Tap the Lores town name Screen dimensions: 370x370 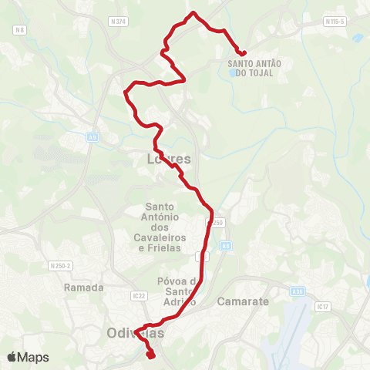pyautogui.click(x=168, y=160)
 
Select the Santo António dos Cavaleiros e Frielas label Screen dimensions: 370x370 pyautogui.click(x=161, y=227)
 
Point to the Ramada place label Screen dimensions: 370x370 pyautogui.click(x=85, y=287)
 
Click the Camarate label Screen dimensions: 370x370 pyautogui.click(x=244, y=301)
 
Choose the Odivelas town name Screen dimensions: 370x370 pyautogui.click(x=133, y=333)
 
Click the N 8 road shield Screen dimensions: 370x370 pyautogui.click(x=20, y=30)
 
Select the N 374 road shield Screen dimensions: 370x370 pyautogui.click(x=118, y=22)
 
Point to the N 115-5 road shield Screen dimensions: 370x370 pyautogui.click(x=334, y=22)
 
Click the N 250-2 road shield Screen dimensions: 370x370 pyautogui.click(x=60, y=266)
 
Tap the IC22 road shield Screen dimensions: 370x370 pyautogui.click(x=139, y=295)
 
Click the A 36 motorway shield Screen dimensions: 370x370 pyautogui.click(x=298, y=292)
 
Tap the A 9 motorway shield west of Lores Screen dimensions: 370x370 pyautogui.click(x=92, y=136)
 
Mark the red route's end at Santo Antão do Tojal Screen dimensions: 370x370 pyautogui.click(x=244, y=52)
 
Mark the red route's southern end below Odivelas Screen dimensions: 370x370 pyautogui.click(x=151, y=356)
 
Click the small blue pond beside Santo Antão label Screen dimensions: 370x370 pyautogui.click(x=234, y=74)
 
